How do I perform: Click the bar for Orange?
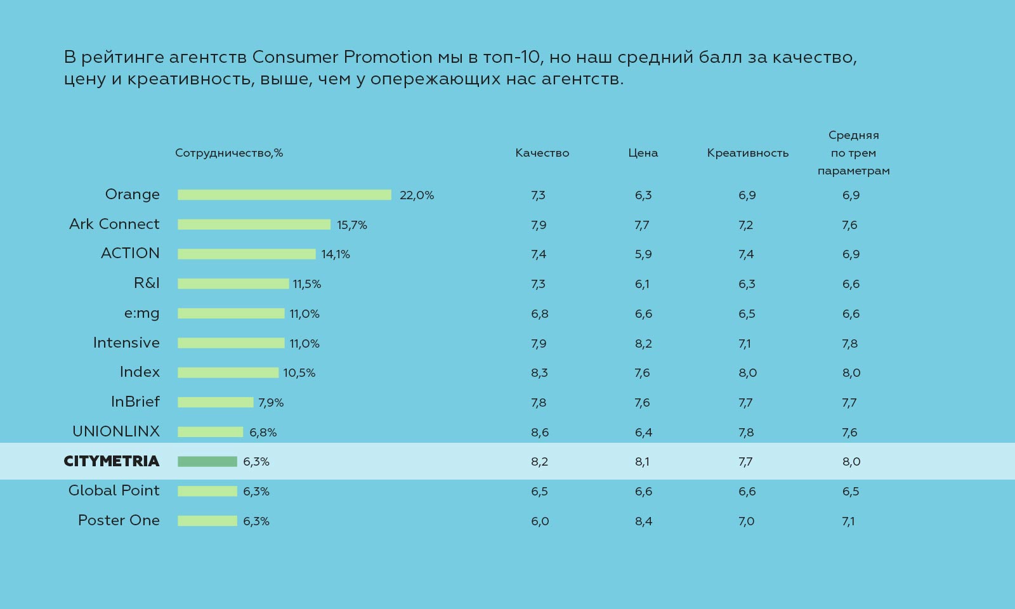tap(284, 195)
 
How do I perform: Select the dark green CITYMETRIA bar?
tap(207, 462)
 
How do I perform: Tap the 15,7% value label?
tap(352, 225)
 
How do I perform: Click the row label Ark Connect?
tap(114, 224)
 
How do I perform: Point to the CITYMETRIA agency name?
tap(112, 461)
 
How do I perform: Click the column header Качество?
tap(542, 153)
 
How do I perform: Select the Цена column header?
tap(643, 153)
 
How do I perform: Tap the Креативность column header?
tap(747, 153)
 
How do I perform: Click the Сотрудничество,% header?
tap(229, 153)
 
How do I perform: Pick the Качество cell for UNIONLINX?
tap(540, 433)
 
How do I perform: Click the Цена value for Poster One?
tap(643, 521)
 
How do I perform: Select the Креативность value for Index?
tap(747, 373)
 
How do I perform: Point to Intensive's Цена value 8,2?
tap(643, 344)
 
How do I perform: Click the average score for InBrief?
tap(849, 403)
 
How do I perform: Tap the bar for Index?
tap(228, 373)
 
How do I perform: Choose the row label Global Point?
tap(114, 490)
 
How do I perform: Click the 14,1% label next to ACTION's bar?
tap(336, 254)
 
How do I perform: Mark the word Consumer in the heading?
tap(295, 57)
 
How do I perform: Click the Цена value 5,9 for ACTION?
tap(643, 254)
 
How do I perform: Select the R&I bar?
tap(233, 284)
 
